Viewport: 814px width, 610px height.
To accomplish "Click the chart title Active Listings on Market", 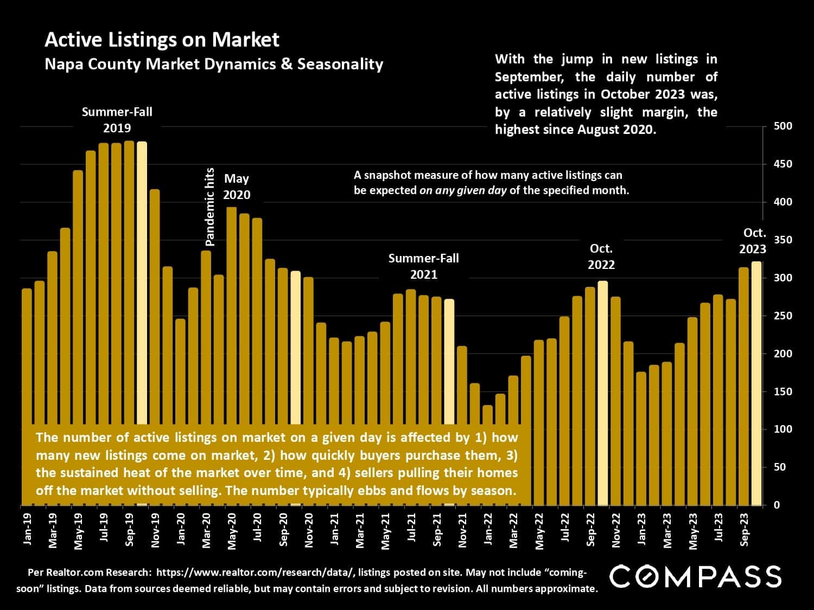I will pos(162,40).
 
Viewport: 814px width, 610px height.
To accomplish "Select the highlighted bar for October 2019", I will pos(142,282).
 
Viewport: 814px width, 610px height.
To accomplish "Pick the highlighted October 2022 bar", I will pos(602,390).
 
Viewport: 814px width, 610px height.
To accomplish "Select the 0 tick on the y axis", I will pos(777,505).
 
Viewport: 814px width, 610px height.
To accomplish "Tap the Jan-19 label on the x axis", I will pos(27,529).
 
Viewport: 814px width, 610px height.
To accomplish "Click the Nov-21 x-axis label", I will pos(462,529).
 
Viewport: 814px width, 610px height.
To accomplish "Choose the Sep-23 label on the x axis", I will pos(745,529).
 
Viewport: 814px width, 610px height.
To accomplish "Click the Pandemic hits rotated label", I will pos(211,207).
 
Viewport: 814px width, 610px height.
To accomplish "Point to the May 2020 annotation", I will pos(237,187).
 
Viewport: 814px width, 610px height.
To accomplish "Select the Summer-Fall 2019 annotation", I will pos(117,120).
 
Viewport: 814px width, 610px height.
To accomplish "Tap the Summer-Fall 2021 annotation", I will pos(423,266).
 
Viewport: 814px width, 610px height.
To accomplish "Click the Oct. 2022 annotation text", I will pos(601,256).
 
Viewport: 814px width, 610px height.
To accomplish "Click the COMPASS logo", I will pos(695,576).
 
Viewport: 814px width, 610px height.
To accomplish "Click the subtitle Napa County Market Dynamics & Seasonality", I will pos(214,64).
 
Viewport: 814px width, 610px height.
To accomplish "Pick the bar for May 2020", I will pos(231,314).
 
